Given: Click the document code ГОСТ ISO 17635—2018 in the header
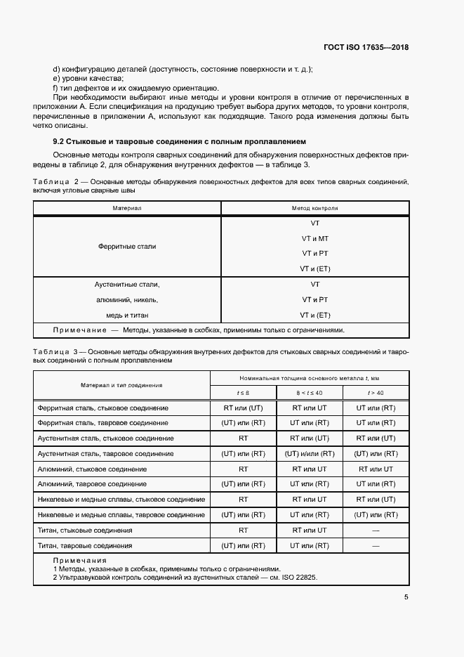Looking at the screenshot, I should (365, 48).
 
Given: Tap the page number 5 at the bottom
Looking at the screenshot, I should (406, 597).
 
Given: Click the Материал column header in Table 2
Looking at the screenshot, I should (127, 209).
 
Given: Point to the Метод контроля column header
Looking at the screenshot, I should (314, 209).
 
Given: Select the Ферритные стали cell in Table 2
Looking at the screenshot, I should (127, 247).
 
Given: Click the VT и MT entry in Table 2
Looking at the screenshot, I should (314, 238).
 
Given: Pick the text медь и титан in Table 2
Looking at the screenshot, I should (127, 315).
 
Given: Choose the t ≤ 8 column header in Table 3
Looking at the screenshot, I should (243, 392).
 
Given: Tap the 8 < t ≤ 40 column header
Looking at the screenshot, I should (309, 392).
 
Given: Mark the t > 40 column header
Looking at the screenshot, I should (375, 392).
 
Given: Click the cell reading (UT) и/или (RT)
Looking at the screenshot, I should (309, 453).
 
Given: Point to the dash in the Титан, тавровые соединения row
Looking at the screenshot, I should (375, 545).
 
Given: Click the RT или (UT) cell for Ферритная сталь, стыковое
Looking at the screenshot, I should (243, 408).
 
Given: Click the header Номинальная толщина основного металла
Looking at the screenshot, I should (309, 377).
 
